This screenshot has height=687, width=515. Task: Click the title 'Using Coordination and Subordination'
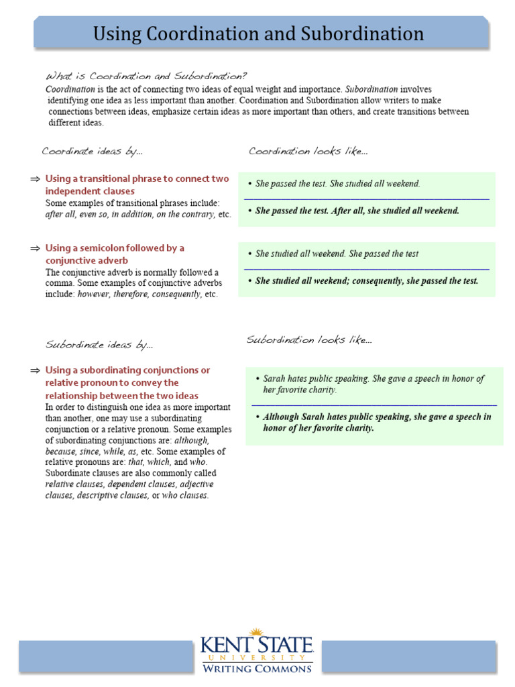coord(258,34)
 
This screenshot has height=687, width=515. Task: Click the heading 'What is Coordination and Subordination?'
coord(146,76)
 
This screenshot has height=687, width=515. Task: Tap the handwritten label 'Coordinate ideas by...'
coord(93,151)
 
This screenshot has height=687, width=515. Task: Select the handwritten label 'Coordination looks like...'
coord(308,151)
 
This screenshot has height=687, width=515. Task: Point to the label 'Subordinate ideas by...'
coord(99,345)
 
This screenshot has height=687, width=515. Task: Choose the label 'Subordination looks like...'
coord(309,340)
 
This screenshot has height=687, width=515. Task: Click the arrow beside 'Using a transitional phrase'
coord(35,179)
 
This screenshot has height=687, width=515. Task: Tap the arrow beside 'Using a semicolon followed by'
coord(35,248)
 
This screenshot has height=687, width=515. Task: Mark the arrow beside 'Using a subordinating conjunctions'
coord(35,370)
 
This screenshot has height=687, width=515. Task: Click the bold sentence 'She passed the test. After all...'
coord(357,211)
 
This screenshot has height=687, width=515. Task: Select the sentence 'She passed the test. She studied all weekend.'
coord(337,184)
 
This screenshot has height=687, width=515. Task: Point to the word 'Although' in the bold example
coord(282,417)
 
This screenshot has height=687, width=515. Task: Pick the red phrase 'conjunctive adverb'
coord(87,260)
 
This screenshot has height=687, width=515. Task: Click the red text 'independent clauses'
coord(90,191)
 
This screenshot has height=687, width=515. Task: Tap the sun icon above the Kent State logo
coord(255,633)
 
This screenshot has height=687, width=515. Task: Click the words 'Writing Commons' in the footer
coord(257,668)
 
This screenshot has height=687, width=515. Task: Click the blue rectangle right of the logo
coord(407,656)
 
